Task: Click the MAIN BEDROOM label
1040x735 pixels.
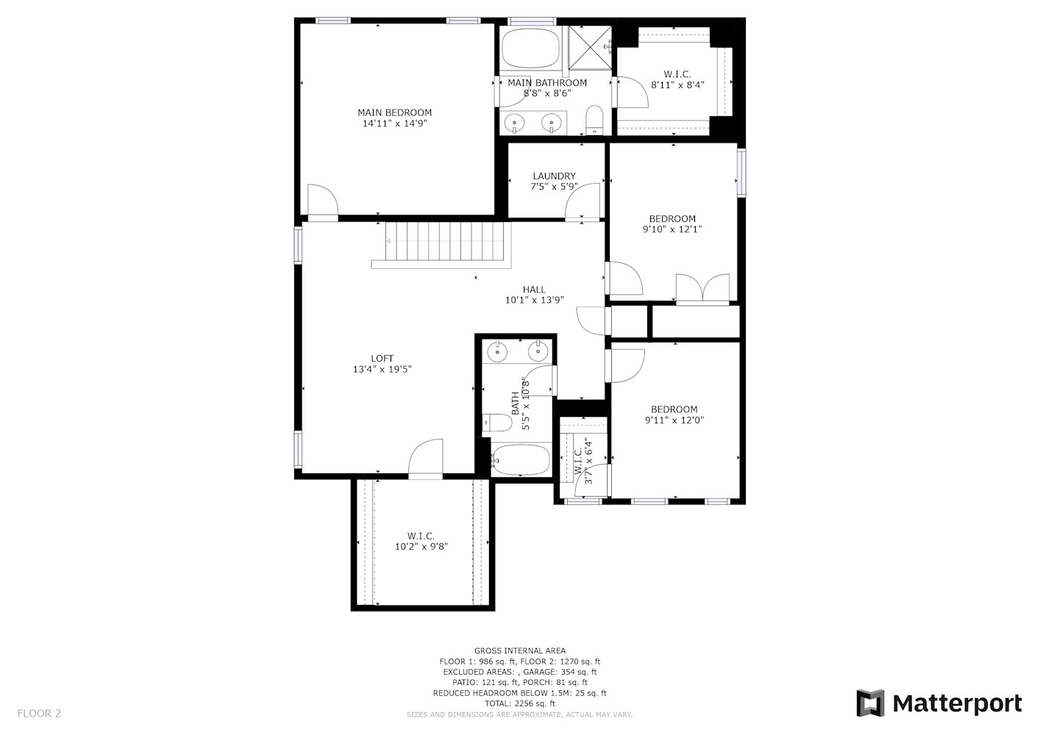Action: tap(395, 112)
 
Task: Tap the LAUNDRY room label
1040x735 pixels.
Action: tap(554, 176)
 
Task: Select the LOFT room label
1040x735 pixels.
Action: tap(382, 358)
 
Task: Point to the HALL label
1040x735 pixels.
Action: tap(534, 289)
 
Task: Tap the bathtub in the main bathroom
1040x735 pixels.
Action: tap(531, 49)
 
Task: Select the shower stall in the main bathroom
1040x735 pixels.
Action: tap(590, 48)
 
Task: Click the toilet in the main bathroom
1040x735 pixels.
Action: tap(594, 121)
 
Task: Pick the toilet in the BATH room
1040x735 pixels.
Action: tap(496, 422)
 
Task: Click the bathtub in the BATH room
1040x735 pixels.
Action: tap(521, 459)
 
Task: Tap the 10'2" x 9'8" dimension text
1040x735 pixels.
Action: tap(421, 546)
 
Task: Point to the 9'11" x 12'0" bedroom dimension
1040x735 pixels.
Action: tap(674, 420)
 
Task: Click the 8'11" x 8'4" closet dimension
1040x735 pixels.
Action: tap(677, 85)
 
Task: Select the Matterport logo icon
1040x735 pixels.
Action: tap(870, 703)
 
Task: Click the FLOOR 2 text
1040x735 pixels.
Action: tap(39, 713)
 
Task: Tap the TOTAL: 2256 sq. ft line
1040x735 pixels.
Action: tap(519, 703)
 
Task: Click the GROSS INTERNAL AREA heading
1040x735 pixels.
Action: tap(519, 650)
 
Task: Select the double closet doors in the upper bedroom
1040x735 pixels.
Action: tap(702, 289)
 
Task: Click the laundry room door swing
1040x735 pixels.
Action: tap(583, 201)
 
